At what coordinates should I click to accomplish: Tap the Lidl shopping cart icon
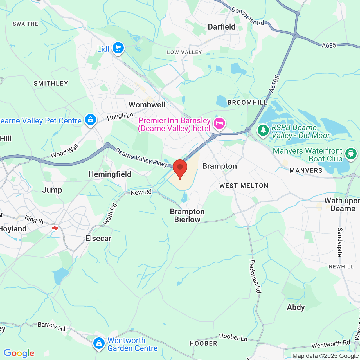[x=118, y=48]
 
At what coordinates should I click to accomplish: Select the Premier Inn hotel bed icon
[x=219, y=123]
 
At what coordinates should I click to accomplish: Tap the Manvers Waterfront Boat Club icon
[x=351, y=154]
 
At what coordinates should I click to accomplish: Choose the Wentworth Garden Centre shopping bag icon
[x=99, y=343]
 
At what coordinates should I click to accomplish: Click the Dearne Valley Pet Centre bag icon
[x=90, y=120]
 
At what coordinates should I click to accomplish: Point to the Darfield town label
[x=222, y=27]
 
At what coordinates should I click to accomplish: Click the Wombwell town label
[x=147, y=105]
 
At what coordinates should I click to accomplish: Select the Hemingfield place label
[x=110, y=174]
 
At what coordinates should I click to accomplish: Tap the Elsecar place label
[x=98, y=238]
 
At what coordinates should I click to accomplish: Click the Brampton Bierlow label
[x=187, y=216]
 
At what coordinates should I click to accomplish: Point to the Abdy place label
[x=296, y=307]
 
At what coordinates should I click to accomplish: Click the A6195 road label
[x=274, y=84]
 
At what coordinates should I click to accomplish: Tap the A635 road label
[x=329, y=45]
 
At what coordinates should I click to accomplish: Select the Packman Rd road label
[x=255, y=276]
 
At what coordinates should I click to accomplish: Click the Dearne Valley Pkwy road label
[x=141, y=158]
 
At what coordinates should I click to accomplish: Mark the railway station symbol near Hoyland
[x=55, y=228]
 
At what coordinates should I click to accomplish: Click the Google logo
[x=19, y=353]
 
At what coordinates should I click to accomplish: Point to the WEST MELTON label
[x=244, y=186]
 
